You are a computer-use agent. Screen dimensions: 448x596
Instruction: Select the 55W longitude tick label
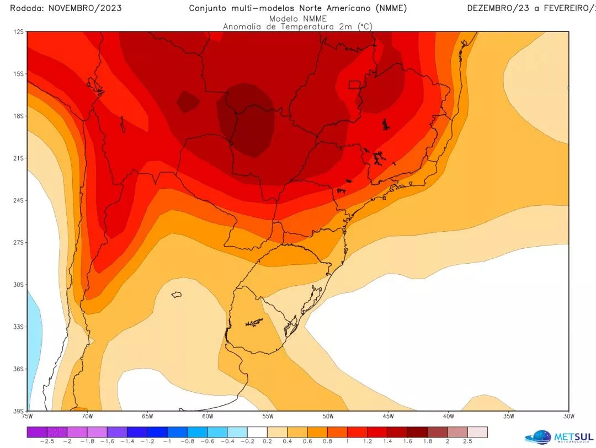(268, 416)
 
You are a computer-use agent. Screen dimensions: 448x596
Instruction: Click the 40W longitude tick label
(448, 416)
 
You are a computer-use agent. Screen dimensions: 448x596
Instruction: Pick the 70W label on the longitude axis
(87, 416)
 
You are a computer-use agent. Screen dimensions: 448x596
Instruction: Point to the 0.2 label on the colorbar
(267, 441)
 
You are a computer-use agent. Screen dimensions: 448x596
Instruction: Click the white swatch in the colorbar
(257, 431)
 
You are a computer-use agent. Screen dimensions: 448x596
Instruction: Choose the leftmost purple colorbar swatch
(36, 431)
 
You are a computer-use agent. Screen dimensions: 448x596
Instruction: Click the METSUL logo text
(574, 435)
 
